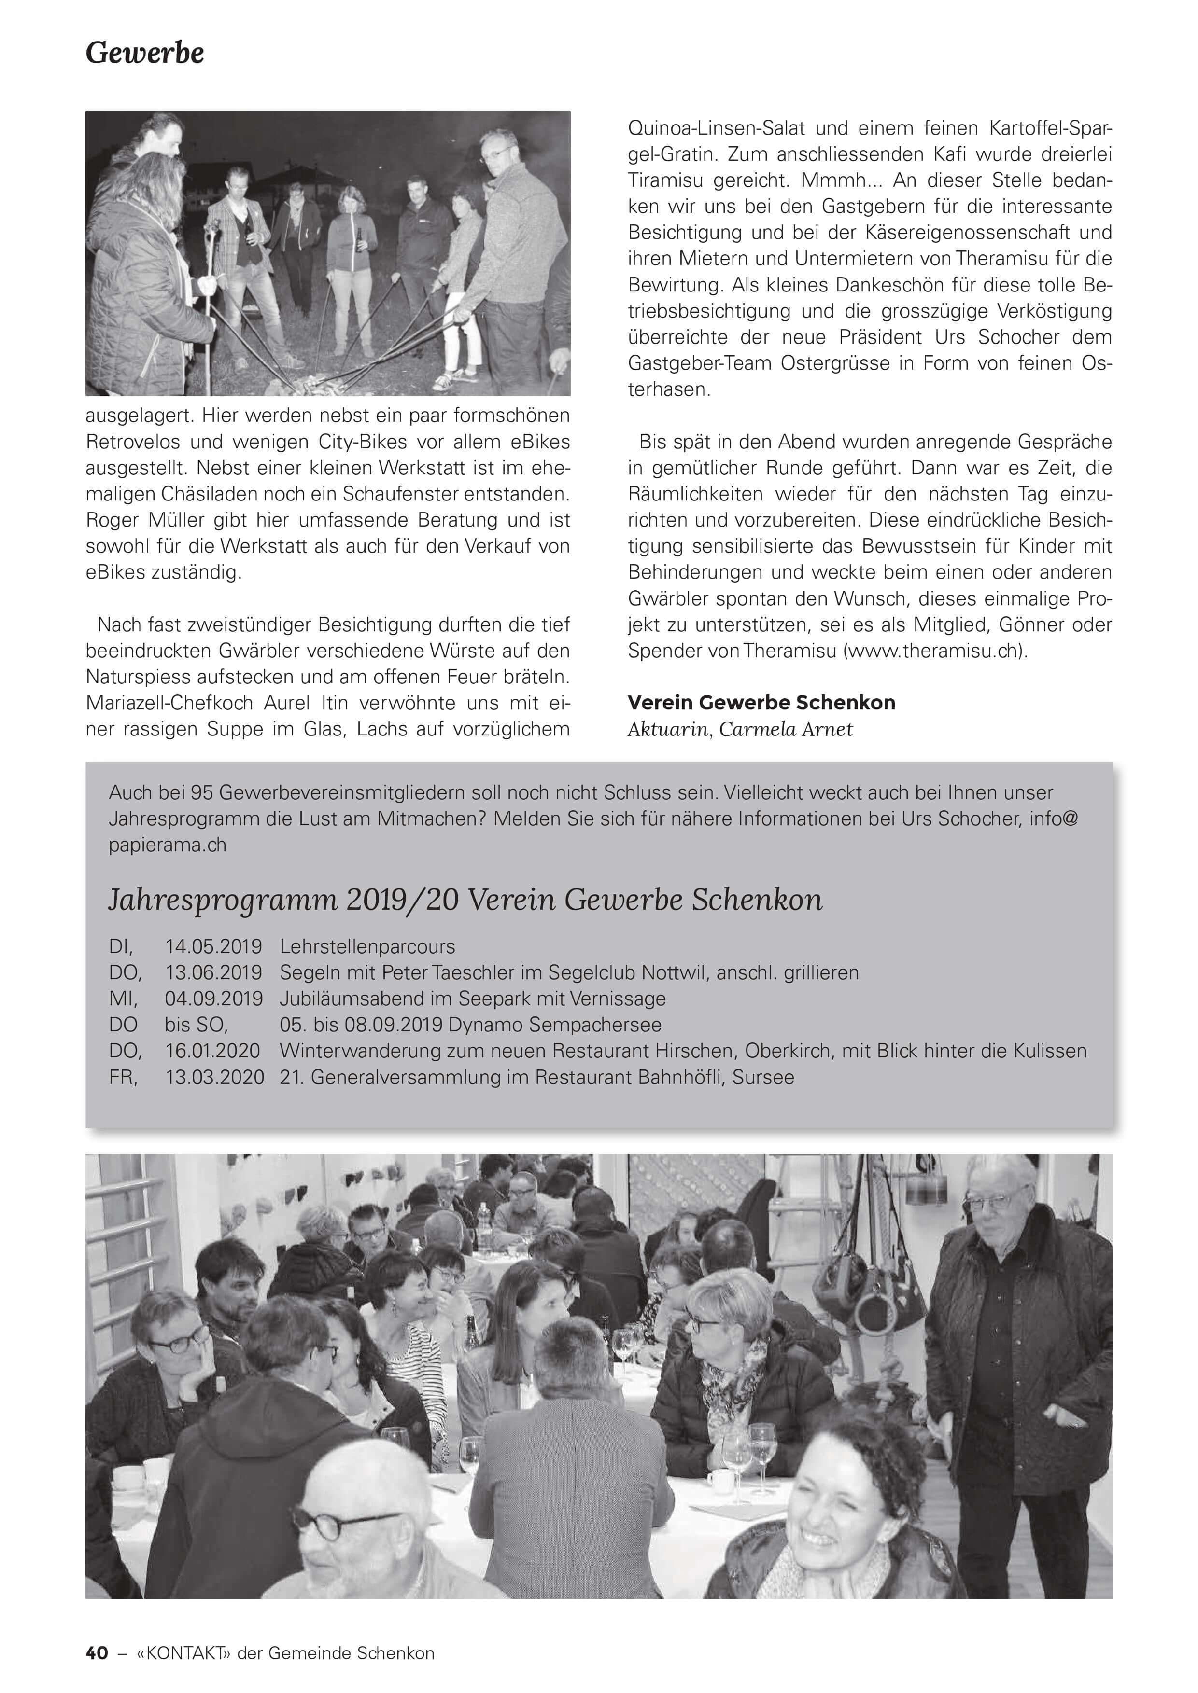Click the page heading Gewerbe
pos(144,53)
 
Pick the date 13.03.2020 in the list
pos(214,1077)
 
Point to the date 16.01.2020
pos(213,1051)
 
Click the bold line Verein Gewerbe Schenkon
pos(761,702)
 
